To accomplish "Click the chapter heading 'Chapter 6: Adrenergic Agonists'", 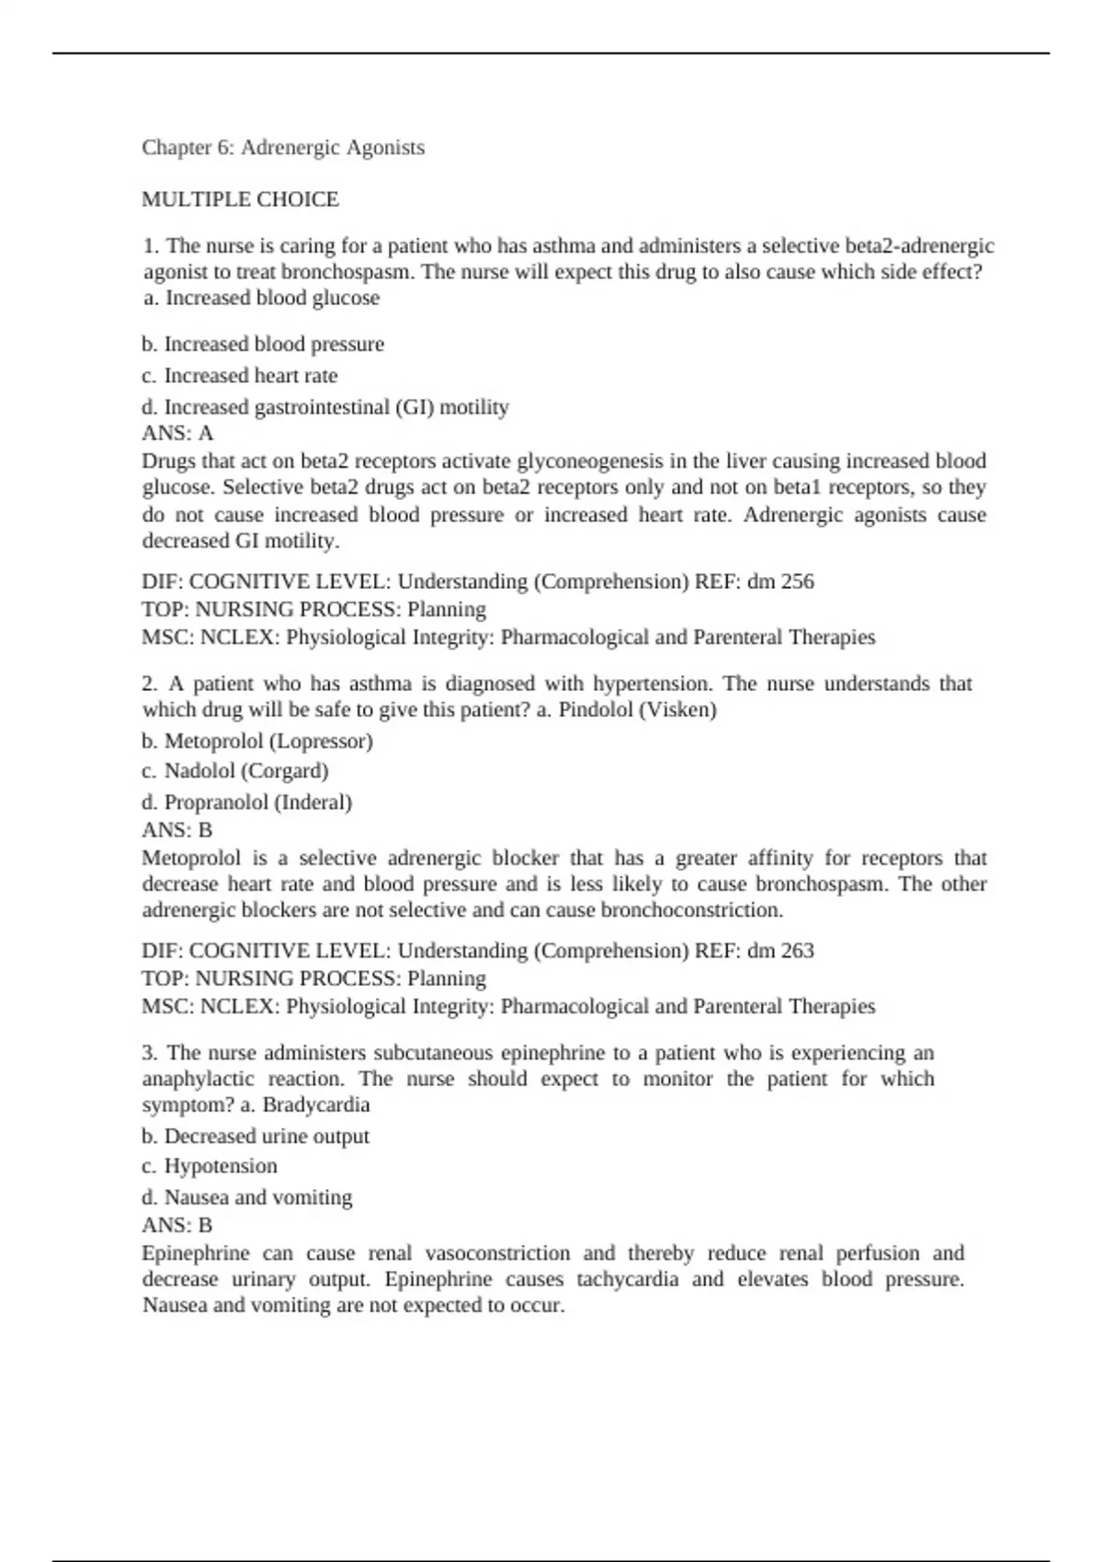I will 283,148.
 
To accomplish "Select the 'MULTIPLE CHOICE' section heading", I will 240,199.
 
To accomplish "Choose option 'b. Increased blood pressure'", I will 263,345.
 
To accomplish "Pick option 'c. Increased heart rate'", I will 239,376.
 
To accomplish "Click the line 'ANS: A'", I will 177,434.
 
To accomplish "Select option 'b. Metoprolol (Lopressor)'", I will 257,741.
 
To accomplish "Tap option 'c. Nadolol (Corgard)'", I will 235,771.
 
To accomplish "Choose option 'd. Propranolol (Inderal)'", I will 247,802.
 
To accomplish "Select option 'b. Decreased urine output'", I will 256,1137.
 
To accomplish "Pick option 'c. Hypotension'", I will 210,1166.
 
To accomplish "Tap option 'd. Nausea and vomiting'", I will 247,1197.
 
